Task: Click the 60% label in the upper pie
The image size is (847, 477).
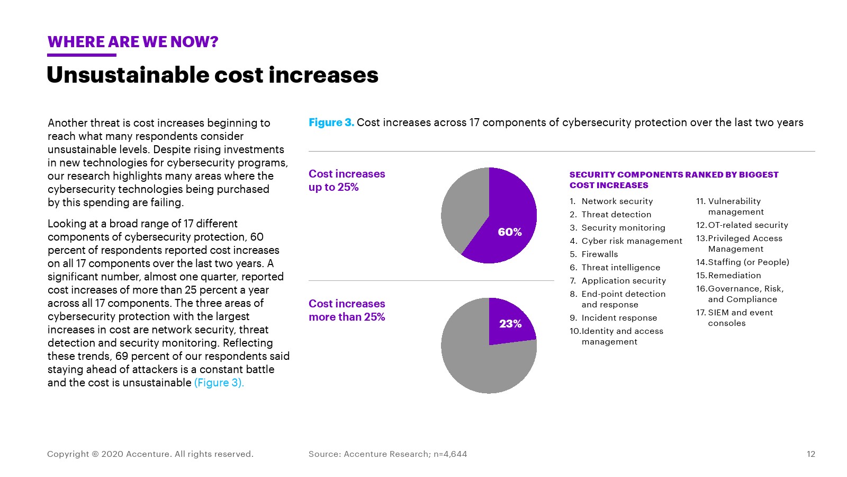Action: [x=510, y=232]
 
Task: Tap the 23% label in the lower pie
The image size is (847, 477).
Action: [x=510, y=324]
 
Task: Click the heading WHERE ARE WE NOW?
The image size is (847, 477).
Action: [x=133, y=42]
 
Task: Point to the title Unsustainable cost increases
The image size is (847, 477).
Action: [x=212, y=75]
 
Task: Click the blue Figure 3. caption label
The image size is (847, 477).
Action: [x=331, y=122]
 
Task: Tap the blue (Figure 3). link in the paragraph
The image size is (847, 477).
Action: [x=219, y=383]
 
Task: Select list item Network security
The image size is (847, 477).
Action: [x=617, y=201]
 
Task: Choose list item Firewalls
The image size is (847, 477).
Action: [x=599, y=254]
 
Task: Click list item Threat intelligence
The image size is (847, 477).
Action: [x=620, y=268]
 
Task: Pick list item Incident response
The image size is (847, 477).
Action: [x=619, y=318]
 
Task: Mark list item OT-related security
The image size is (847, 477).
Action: [x=747, y=225]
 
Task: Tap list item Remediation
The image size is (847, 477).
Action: [x=734, y=276]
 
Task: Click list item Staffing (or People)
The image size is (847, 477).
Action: [x=748, y=262]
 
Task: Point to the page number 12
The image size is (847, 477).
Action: [x=811, y=454]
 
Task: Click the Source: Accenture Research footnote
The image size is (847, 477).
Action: [x=388, y=454]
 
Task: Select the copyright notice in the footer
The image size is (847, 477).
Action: [x=150, y=454]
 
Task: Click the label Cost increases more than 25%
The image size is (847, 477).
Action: [x=347, y=311]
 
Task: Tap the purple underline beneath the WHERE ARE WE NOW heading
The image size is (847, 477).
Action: [x=82, y=55]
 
